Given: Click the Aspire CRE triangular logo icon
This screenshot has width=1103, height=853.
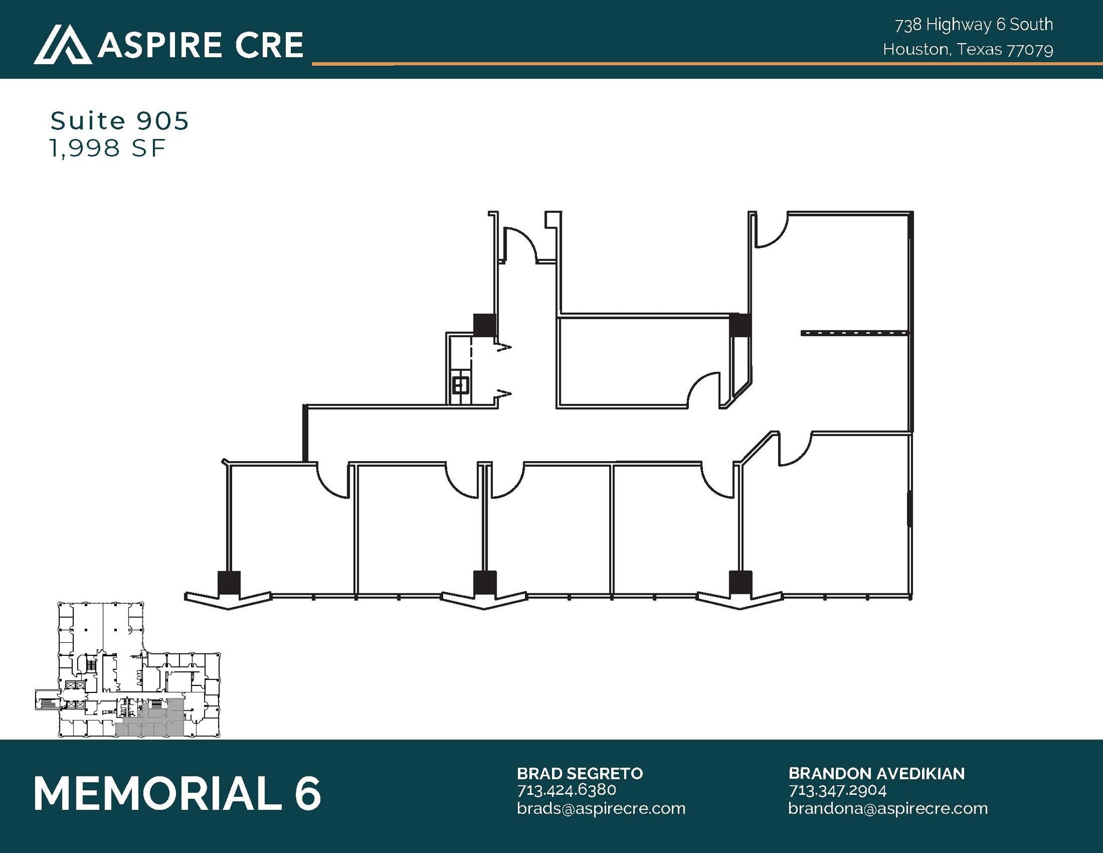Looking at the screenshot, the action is coord(62,44).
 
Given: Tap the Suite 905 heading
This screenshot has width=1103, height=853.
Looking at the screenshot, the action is coord(120,121).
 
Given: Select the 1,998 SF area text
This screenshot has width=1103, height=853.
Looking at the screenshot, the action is coord(107,148).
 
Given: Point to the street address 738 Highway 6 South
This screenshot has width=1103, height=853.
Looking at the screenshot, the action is coord(974,25).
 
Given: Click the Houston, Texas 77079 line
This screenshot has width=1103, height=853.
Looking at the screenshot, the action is coord(968,50).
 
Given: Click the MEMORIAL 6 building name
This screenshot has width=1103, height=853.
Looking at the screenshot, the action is coord(177,793).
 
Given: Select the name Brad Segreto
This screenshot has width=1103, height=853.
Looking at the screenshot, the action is coord(580,773).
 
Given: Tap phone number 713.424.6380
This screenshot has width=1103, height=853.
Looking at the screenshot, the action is coord(566,790).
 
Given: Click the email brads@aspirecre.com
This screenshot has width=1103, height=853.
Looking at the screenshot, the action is coord(601,808).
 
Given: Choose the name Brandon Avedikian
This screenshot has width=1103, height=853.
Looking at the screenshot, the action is coord(876,773).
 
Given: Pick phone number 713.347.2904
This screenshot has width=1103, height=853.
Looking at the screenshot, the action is coord(837,790).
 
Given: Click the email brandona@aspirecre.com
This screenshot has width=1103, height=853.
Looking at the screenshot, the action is coord(888,808).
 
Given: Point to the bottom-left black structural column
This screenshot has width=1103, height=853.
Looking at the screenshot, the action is coord(229,583).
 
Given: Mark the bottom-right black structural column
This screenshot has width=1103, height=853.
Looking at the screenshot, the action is coord(741,583).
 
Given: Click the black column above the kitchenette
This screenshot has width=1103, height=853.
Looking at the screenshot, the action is coord(484,325).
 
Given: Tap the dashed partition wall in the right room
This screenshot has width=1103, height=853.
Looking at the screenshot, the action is coord(855,333).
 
